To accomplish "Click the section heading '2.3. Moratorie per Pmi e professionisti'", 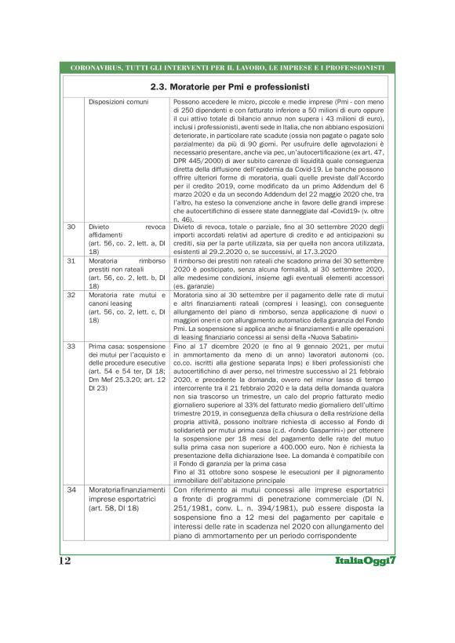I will [227, 85].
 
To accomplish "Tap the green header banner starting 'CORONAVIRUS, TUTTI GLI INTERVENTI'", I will [227, 67].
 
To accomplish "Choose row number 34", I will [71, 490].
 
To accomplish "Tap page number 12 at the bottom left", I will [65, 561].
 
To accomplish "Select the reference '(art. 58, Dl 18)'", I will [115, 509].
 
